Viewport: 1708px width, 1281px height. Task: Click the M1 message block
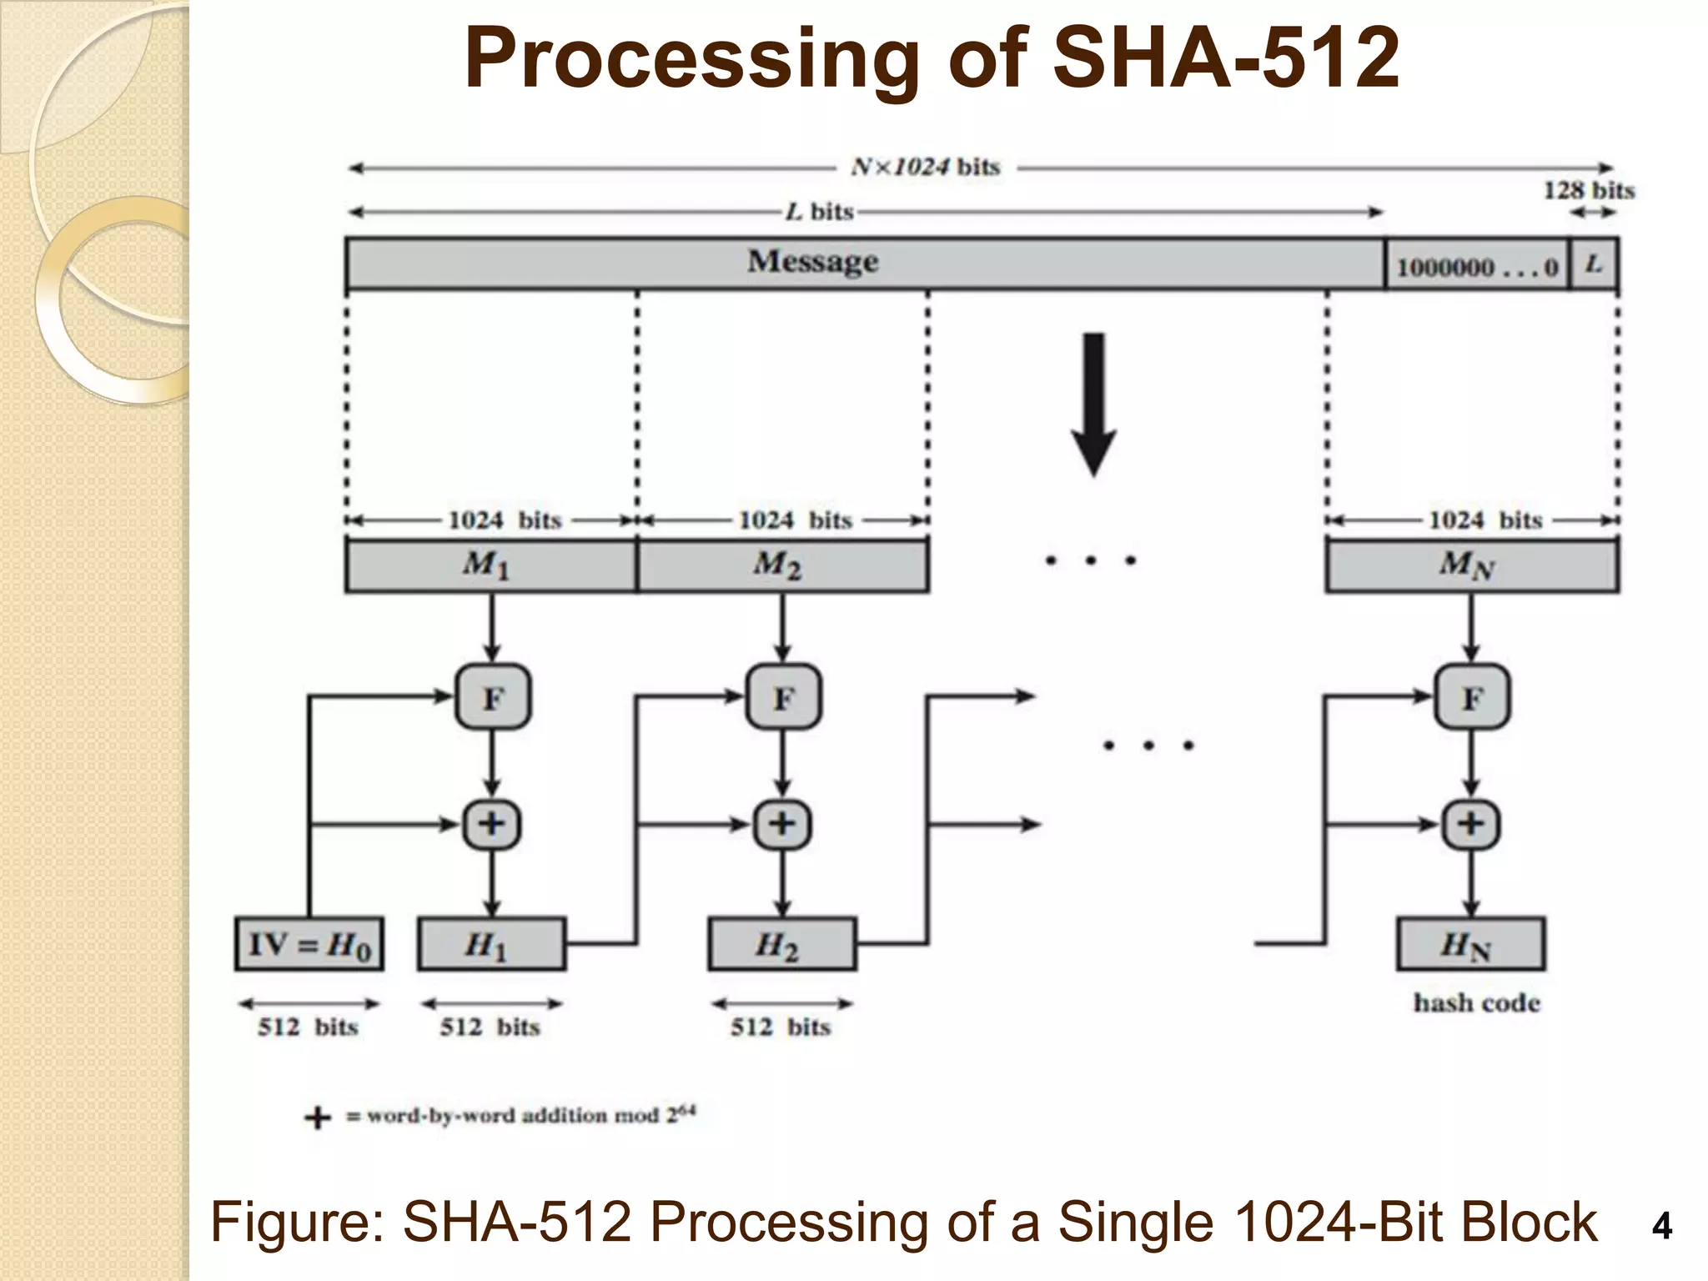coord(490,565)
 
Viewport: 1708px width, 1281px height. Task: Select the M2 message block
coord(781,565)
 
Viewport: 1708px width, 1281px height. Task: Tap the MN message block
coord(1471,565)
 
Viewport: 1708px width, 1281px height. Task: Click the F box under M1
coord(492,697)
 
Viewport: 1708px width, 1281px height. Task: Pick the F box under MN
coord(1471,697)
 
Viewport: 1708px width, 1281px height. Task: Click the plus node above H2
coord(781,824)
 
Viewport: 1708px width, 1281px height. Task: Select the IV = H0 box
coord(309,944)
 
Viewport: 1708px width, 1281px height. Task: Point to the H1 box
coord(491,944)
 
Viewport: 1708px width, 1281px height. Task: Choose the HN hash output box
coord(1470,944)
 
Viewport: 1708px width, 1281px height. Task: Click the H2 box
coord(781,944)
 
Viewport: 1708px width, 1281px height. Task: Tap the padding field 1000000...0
coord(1476,266)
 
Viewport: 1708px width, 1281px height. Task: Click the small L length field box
coord(1594,264)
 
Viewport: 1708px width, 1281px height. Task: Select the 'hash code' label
coord(1476,1002)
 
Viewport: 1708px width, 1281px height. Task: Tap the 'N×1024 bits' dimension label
coord(925,167)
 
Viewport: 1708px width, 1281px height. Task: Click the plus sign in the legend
coord(317,1117)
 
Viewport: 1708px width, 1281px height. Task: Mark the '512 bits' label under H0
coord(308,1027)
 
